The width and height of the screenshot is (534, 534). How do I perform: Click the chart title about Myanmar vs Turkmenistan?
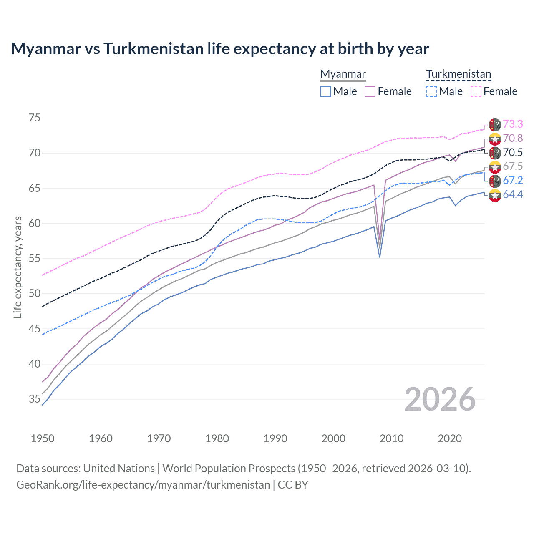[220, 49]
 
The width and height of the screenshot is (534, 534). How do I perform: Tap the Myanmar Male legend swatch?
[326, 91]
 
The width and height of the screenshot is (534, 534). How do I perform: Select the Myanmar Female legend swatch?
[370, 91]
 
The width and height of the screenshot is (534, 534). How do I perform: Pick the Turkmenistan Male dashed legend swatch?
[431, 91]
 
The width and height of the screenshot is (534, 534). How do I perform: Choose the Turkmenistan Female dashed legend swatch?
[476, 91]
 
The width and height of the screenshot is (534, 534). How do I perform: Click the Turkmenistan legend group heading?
[458, 74]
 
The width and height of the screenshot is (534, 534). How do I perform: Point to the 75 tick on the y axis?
[34, 118]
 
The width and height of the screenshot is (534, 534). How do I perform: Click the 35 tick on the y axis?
[34, 399]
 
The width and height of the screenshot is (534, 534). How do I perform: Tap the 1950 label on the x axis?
[43, 438]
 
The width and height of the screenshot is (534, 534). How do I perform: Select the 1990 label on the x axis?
[275, 438]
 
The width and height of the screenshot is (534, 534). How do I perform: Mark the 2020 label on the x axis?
[450, 438]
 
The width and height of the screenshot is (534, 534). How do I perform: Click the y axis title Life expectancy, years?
[18, 267]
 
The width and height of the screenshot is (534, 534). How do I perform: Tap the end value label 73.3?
[513, 124]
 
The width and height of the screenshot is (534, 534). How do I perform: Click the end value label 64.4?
[513, 195]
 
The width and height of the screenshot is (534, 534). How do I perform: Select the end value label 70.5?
[513, 153]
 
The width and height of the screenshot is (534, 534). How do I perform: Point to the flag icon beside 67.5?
[495, 167]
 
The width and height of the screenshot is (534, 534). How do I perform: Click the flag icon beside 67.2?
[495, 181]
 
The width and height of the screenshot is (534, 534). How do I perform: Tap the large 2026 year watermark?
[440, 399]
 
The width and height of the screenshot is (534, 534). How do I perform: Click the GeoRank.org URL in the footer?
[143, 485]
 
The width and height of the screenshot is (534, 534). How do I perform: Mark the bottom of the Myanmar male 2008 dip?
[380, 257]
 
